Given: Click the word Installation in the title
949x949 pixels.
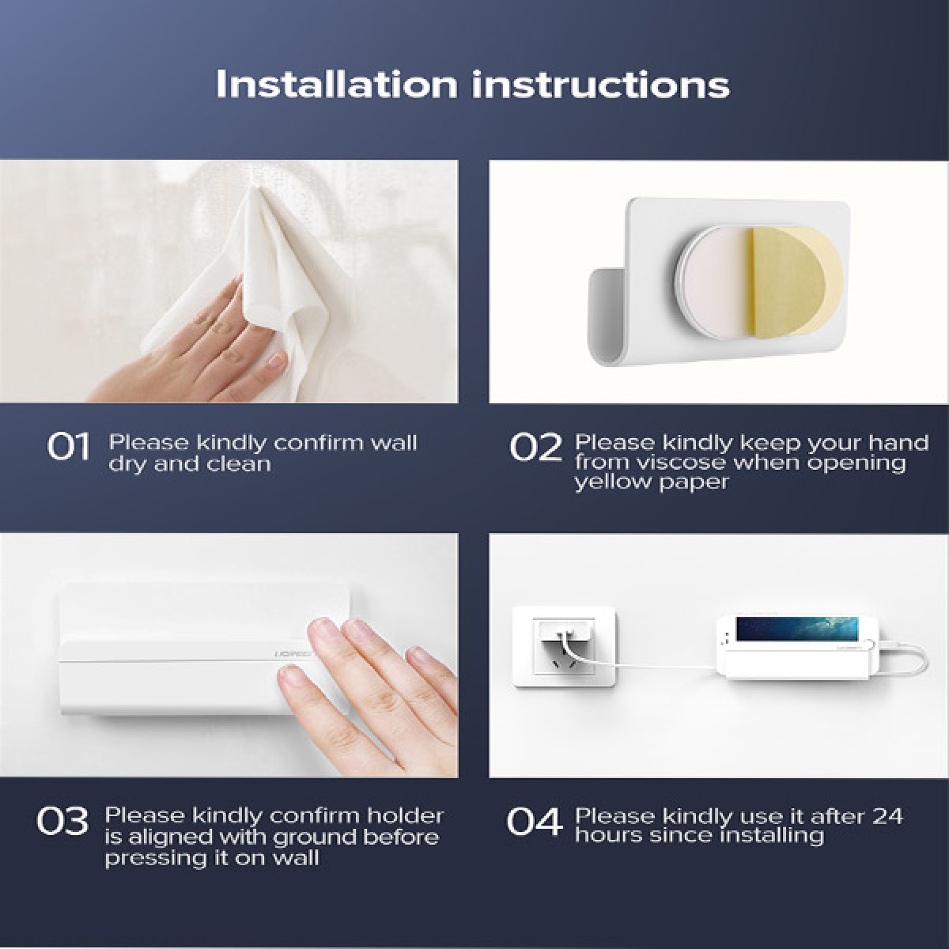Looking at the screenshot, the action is click(337, 84).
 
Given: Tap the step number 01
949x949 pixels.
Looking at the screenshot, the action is click(68, 447).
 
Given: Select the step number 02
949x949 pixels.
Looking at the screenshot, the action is click(535, 447).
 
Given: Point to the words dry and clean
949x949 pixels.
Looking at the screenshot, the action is click(190, 464).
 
